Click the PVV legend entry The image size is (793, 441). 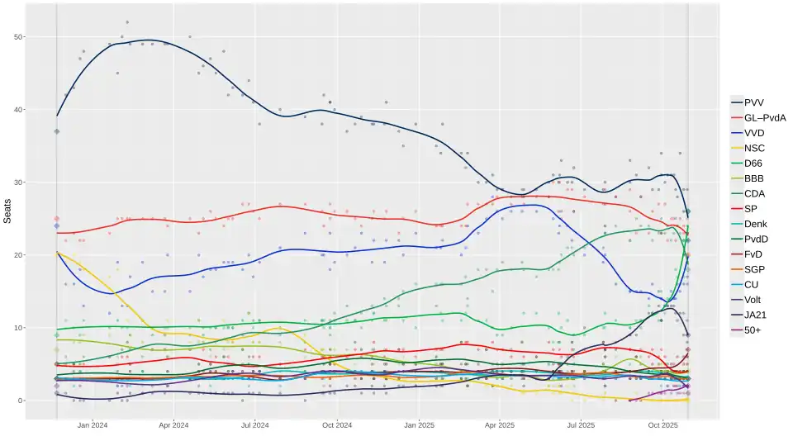click(753, 102)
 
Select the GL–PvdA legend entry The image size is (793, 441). click(764, 117)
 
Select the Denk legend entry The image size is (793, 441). click(756, 224)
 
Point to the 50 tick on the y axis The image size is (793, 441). click(19, 37)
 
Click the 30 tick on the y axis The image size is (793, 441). click(19, 183)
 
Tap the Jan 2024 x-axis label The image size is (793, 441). click(93, 426)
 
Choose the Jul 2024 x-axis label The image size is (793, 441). click(254, 426)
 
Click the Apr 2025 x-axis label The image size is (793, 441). click(499, 426)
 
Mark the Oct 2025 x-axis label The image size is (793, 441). click(662, 426)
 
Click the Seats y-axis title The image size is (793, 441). click(7, 211)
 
